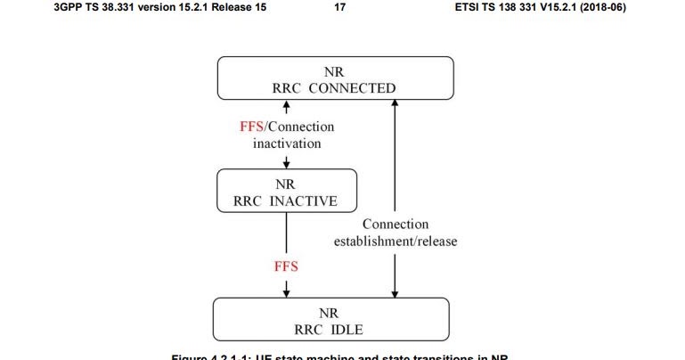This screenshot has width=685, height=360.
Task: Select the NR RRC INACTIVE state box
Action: (x=286, y=190)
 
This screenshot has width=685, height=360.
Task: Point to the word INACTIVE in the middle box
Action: (x=305, y=200)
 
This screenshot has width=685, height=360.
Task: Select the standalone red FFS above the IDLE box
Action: (x=286, y=266)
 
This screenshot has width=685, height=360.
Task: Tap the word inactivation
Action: (x=286, y=143)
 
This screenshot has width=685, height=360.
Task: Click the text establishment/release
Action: (x=395, y=241)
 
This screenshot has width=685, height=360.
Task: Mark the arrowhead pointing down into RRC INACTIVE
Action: (x=286, y=163)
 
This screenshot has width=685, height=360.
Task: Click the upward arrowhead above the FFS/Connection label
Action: (x=286, y=106)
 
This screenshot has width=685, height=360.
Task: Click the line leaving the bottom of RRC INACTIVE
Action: (x=286, y=232)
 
